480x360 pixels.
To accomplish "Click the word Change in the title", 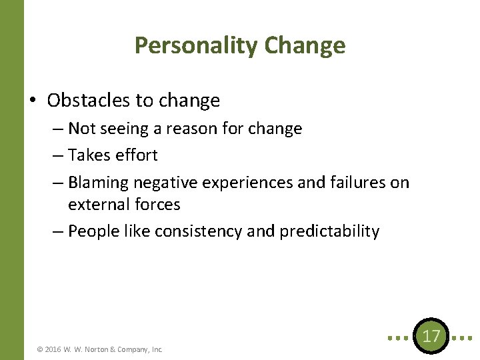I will click(305, 45).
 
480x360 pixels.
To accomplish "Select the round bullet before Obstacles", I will click(33, 101).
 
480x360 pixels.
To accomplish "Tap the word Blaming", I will click(98, 182).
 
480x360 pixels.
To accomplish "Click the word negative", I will click(165, 182).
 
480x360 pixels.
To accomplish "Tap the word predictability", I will click(329, 231).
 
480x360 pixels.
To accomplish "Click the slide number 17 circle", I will click(431, 335).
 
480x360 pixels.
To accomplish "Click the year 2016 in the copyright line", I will click(54, 349).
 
